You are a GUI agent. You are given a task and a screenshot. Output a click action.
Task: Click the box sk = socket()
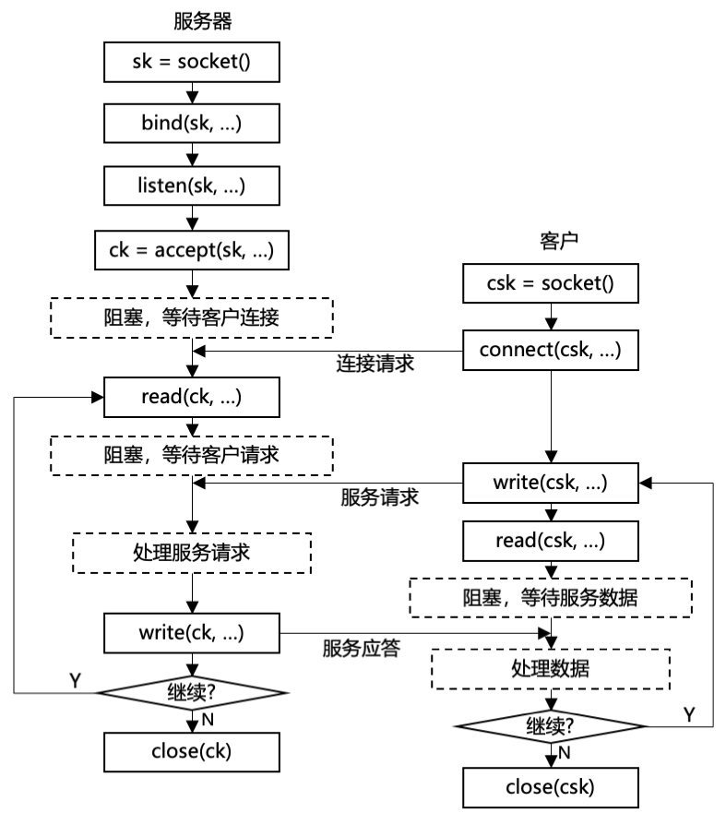click(x=192, y=64)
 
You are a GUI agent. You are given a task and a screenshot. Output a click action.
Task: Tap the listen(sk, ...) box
click(x=192, y=185)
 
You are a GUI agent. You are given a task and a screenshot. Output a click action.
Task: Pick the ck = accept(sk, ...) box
click(x=192, y=247)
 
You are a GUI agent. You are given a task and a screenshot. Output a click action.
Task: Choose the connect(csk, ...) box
click(x=550, y=350)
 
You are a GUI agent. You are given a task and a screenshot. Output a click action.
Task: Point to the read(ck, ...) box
click(x=192, y=397)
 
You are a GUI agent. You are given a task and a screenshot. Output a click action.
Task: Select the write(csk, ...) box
click(x=550, y=481)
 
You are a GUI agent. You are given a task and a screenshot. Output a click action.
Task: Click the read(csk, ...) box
click(x=550, y=540)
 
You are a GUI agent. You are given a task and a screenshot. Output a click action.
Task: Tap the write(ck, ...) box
click(x=192, y=632)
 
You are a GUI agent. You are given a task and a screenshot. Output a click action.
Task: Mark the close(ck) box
click(x=192, y=751)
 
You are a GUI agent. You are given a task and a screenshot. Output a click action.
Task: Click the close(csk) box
click(x=550, y=786)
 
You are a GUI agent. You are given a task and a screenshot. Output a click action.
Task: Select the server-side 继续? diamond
click(x=192, y=690)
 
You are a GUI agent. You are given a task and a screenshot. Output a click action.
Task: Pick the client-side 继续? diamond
click(x=550, y=726)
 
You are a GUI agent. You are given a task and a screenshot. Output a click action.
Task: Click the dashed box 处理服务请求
click(x=192, y=554)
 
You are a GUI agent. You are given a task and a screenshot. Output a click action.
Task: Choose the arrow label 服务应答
click(x=361, y=648)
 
